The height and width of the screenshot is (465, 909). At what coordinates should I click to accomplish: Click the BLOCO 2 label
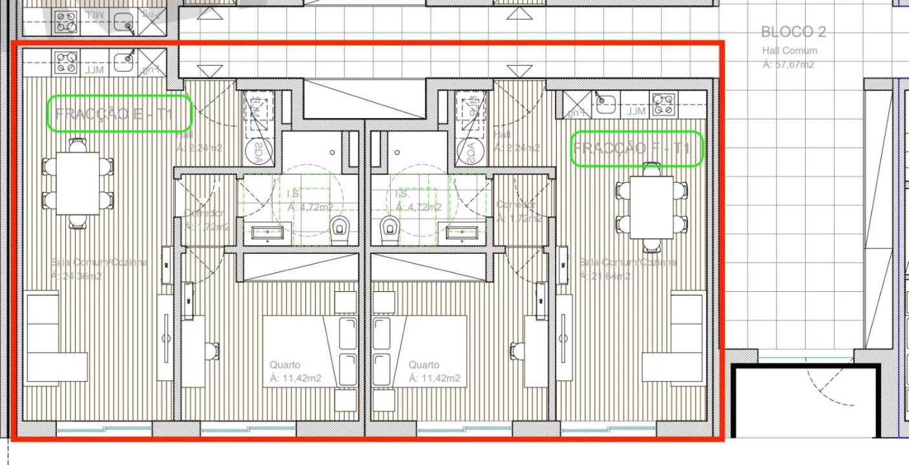coord(793,32)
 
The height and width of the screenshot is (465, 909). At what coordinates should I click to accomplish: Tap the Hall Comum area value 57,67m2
coord(788,64)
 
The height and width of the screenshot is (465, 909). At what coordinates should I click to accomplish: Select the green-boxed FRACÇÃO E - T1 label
coord(120,114)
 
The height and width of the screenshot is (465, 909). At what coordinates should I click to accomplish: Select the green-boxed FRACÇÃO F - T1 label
coord(636,149)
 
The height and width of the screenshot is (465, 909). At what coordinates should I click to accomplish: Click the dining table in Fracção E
coord(78,183)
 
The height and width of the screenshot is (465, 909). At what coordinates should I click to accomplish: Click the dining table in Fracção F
coord(651,207)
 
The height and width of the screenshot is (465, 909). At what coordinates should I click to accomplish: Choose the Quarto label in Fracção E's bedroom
coord(285,365)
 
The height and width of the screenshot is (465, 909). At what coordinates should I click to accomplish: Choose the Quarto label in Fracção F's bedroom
coord(424,365)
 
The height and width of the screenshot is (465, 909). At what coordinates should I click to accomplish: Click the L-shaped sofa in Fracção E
coord(52,342)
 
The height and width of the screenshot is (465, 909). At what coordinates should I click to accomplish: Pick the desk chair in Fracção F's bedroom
coord(517,351)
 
